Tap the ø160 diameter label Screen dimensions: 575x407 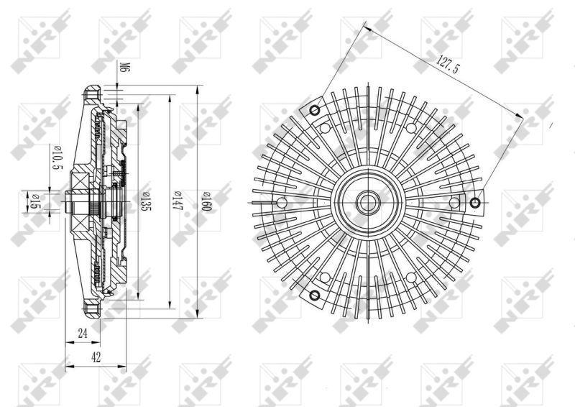pos(206,201)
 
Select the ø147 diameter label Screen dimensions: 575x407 pos(178,201)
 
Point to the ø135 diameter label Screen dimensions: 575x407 pos(146,201)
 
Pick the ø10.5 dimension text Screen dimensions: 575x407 pos(58,157)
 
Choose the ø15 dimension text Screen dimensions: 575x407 pos(34,201)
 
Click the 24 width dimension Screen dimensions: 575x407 pos(83,333)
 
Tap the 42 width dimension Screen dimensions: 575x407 pos(96,357)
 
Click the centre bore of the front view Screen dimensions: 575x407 pos(367,202)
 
